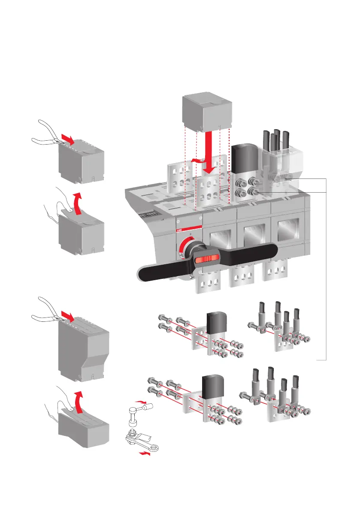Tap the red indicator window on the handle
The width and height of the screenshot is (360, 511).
[x=208, y=259]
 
